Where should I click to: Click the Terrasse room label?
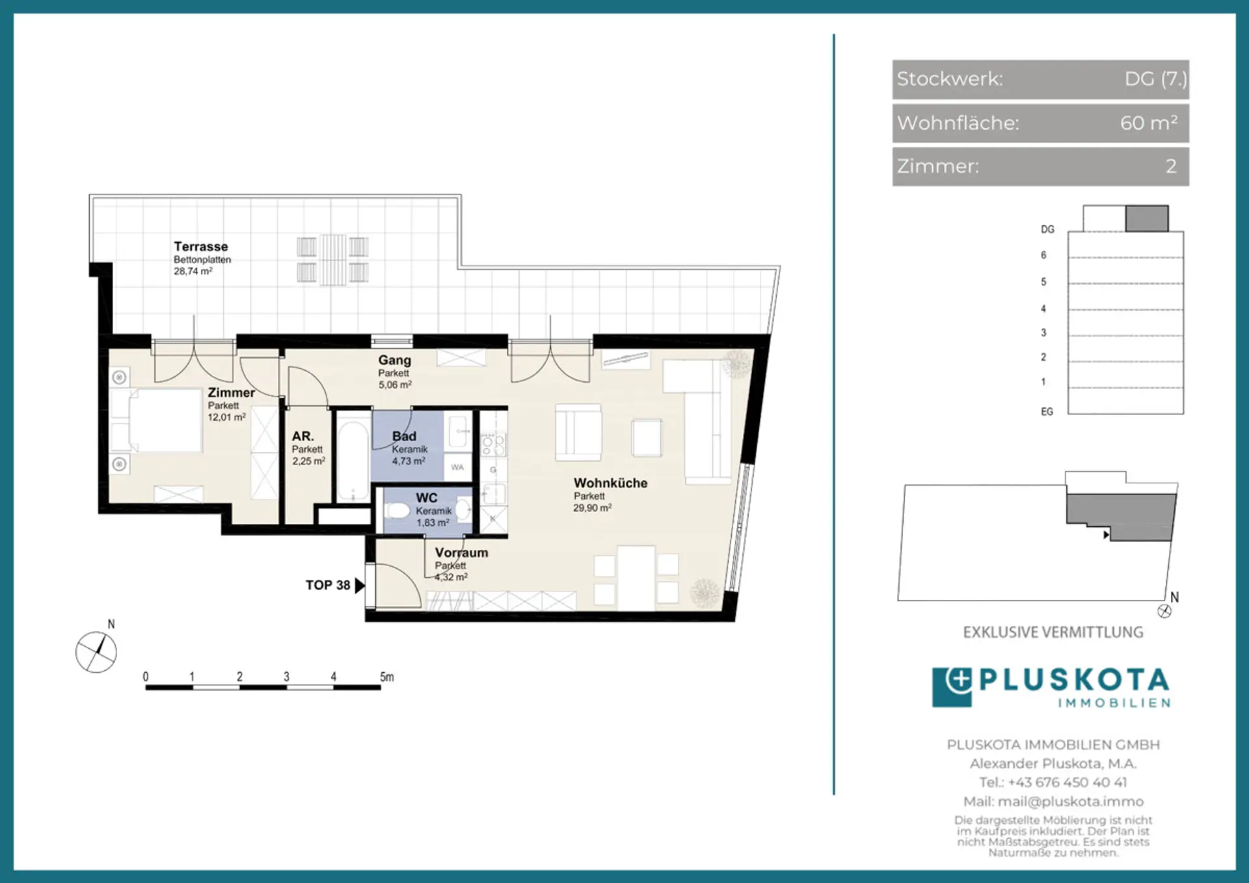[201, 247]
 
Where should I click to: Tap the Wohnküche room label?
[610, 483]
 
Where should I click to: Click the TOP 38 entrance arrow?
[360, 585]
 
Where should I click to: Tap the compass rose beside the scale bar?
[96, 651]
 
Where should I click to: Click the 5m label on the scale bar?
[387, 677]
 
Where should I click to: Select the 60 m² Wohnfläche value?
[1149, 122]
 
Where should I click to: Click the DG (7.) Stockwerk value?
[1155, 79]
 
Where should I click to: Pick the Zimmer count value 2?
[1171, 166]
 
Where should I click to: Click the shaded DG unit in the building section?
[1147, 218]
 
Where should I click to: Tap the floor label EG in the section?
[1047, 411]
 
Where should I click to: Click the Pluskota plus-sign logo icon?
[952, 686]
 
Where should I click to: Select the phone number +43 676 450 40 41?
[1067, 782]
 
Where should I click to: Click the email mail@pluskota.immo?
[1070, 801]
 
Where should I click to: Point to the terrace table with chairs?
[333, 260]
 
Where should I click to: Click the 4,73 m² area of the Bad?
[409, 461]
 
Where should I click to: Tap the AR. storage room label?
[302, 436]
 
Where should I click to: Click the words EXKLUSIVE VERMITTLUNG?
[1053, 632]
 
